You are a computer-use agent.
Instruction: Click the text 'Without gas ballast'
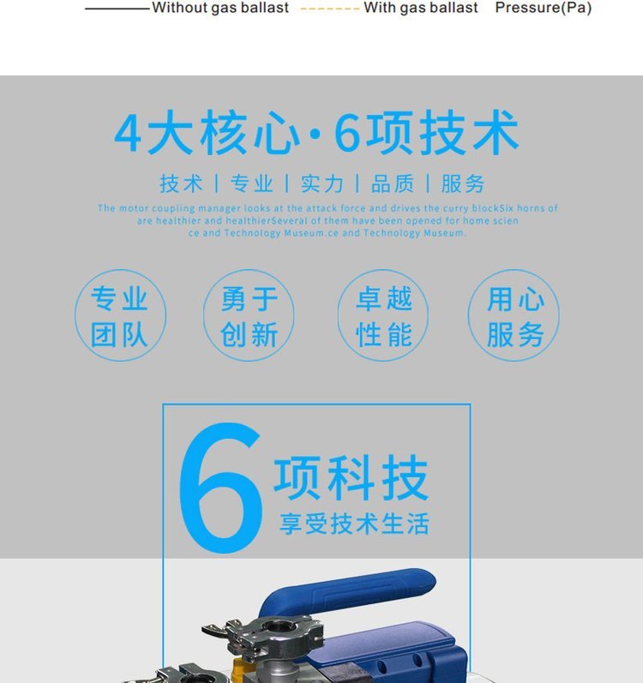tap(220, 8)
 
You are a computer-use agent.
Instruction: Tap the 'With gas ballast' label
tap(420, 8)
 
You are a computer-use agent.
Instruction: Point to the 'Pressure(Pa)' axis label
tap(544, 8)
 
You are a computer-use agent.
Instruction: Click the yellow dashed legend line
tap(330, 9)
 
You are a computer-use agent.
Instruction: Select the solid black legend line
tap(117, 9)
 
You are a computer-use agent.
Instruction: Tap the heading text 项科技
tap(352, 477)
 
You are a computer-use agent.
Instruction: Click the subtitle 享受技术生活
tap(354, 524)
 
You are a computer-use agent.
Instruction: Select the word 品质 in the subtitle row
tap(393, 183)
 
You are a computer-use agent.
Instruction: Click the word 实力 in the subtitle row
tap(322, 183)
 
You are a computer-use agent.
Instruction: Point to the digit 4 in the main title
tap(128, 134)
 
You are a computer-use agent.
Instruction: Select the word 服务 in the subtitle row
tap(463, 183)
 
